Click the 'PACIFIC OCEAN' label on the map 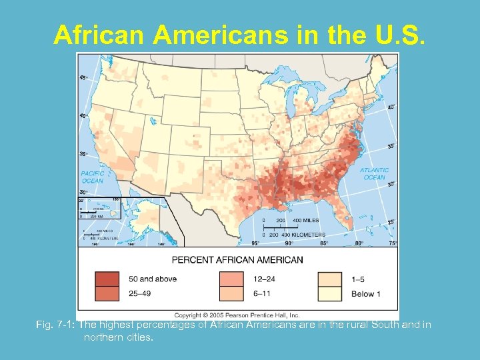(93, 177)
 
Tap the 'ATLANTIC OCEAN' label (374, 173)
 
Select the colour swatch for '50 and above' (107, 279)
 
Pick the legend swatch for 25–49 (107, 293)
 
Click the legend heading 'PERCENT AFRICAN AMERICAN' (237, 259)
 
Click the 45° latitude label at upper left (83, 78)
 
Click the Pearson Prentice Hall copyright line (237, 315)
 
